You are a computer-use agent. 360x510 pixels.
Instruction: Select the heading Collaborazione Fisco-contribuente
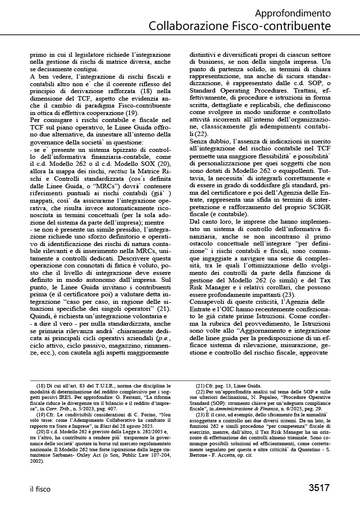[239, 25]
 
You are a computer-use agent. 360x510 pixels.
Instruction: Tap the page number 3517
[319, 487]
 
